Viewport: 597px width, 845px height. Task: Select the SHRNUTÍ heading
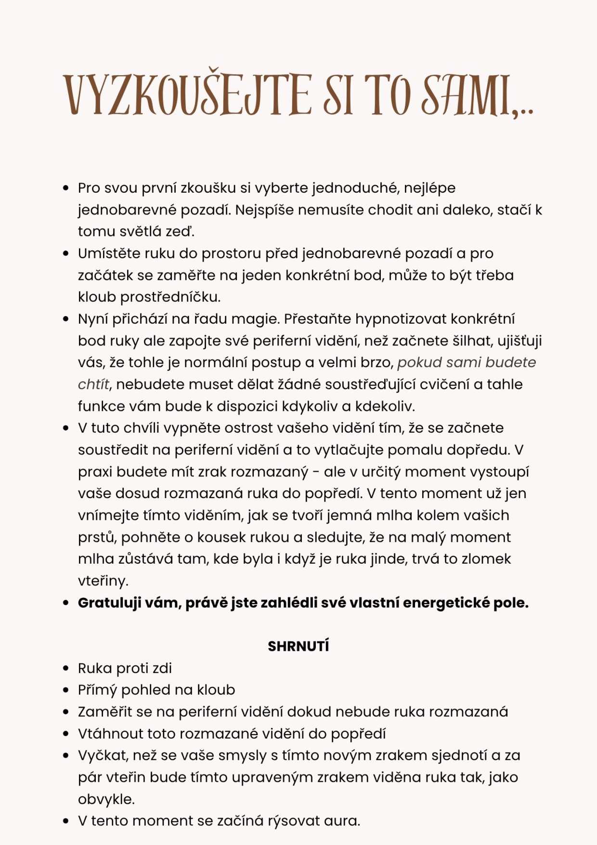pyautogui.click(x=298, y=646)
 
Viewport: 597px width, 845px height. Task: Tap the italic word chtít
pyautogui.click(x=93, y=384)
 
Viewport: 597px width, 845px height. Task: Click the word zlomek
pyautogui.click(x=486, y=559)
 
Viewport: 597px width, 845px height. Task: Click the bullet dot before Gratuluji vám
pyautogui.click(x=66, y=603)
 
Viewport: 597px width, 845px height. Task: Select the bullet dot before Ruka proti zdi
pyautogui.click(x=66, y=668)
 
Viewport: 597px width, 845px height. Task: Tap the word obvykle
pyautogui.click(x=106, y=799)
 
